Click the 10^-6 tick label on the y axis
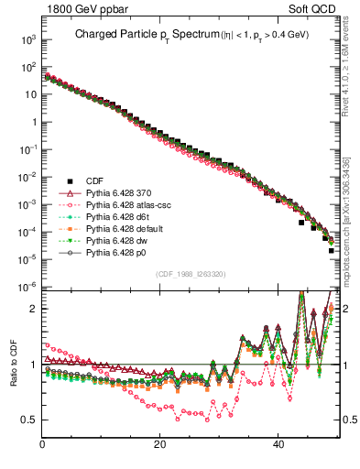coord(27,288)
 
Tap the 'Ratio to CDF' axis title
coord(15,377)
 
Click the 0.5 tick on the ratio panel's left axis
coord(30,420)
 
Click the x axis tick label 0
coord(43,444)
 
